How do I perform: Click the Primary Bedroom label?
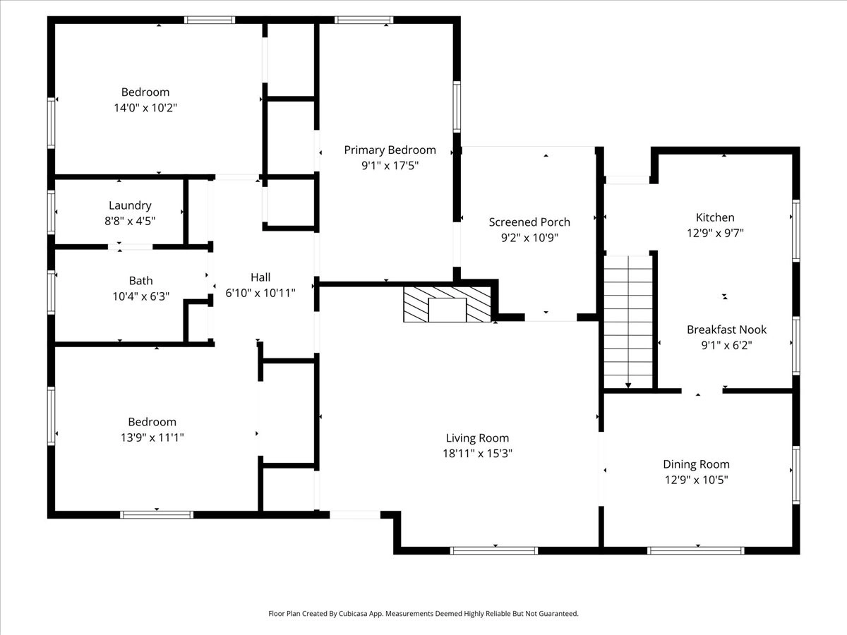click(390, 150)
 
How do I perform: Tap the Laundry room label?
click(130, 205)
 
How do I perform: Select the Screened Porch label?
click(529, 222)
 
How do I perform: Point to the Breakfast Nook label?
click(726, 329)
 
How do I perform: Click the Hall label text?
click(260, 277)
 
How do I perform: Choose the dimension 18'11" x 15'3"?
click(477, 454)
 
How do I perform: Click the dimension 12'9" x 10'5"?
click(696, 480)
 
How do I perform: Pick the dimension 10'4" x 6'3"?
click(141, 296)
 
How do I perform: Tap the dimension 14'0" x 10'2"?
click(145, 107)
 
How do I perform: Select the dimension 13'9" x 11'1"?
click(152, 437)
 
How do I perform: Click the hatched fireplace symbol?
click(447, 304)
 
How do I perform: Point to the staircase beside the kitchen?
click(628, 322)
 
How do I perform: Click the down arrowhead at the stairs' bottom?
click(628, 385)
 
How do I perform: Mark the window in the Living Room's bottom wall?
click(494, 550)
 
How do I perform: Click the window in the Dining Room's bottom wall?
click(696, 550)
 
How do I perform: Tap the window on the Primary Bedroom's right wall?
click(457, 107)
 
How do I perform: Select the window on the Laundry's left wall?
click(51, 212)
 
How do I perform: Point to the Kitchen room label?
click(715, 217)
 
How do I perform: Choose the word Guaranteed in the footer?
click(560, 613)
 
